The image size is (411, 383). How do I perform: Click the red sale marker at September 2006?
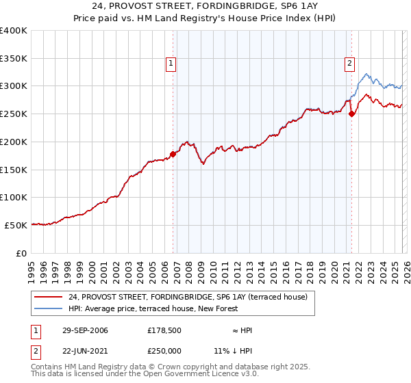(173, 154)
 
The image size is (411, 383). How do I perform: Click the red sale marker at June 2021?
(351, 114)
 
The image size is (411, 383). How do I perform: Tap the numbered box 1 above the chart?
(171, 64)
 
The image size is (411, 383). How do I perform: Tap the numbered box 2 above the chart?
(349, 64)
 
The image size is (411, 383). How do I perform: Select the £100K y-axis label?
(14, 197)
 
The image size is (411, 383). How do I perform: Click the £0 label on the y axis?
(21, 253)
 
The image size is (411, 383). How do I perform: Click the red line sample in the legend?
(49, 297)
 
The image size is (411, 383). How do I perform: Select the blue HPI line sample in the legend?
(49, 308)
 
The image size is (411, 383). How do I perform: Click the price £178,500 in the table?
(163, 330)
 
